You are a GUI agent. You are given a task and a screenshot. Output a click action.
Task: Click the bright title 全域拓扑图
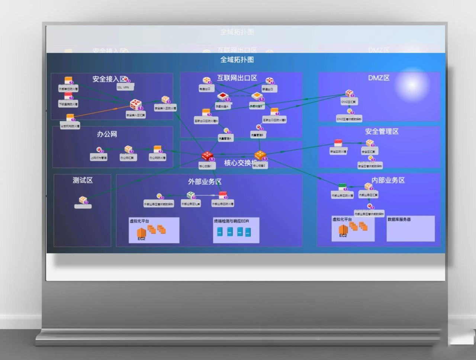click(237, 60)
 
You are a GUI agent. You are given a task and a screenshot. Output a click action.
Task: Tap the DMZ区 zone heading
click(379, 78)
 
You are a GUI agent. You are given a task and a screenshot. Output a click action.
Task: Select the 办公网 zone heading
click(107, 134)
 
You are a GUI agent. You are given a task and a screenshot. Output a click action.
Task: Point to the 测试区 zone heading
click(83, 180)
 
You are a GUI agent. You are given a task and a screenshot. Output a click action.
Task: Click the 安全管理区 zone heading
click(382, 131)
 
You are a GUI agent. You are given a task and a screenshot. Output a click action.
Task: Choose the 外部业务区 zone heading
click(205, 181)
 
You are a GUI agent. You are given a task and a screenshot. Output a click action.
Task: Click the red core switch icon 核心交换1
click(207, 156)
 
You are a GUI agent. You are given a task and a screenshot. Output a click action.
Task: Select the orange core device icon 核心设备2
click(260, 155)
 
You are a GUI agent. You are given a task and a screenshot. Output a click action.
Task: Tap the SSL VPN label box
click(124, 87)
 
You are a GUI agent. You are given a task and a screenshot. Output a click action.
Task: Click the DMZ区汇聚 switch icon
click(349, 93)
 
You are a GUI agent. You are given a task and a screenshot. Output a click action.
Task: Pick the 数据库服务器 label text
click(399, 219)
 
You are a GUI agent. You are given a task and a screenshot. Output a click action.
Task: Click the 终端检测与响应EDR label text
click(231, 221)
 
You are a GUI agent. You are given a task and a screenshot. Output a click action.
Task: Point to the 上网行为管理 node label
click(99, 158)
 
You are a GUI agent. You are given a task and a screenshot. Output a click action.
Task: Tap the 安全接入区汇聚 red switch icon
click(135, 105)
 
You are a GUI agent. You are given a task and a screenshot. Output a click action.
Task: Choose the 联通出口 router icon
click(269, 81)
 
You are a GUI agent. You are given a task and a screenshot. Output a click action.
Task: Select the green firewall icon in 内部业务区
click(342, 187)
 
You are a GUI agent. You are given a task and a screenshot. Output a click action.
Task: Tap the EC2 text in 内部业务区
click(343, 235)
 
